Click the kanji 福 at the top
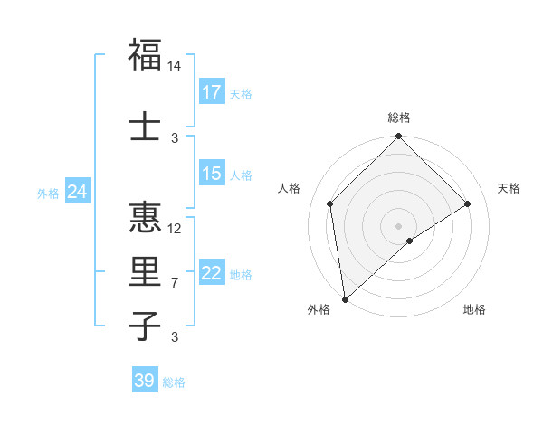pos(145,55)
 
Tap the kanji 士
pos(145,127)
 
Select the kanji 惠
pos(145,218)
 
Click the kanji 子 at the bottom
pos(145,326)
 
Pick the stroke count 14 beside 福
pos(175,66)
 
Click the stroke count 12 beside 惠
pos(175,228)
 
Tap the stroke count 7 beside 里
pos(175,283)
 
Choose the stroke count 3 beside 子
pos(175,337)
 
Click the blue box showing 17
pos(212,92)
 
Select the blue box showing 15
pos(212,174)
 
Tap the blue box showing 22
pos(212,273)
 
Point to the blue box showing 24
pos(78,192)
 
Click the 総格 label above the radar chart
pos(398,118)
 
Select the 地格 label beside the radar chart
pos(474,310)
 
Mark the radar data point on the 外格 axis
pos(344,299)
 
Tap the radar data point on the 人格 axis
pos(330,203)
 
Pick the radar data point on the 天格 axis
pos(468,203)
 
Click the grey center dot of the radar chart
pos(398,225)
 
